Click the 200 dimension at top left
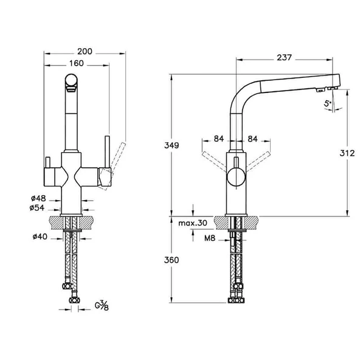[x=85, y=52]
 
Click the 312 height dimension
[x=347, y=153]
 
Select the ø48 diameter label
[x=39, y=198]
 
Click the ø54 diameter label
[x=39, y=208]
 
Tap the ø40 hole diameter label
[x=39, y=237]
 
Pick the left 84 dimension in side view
[x=219, y=139]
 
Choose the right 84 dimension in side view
[x=252, y=139]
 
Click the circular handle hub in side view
[x=234, y=178]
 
